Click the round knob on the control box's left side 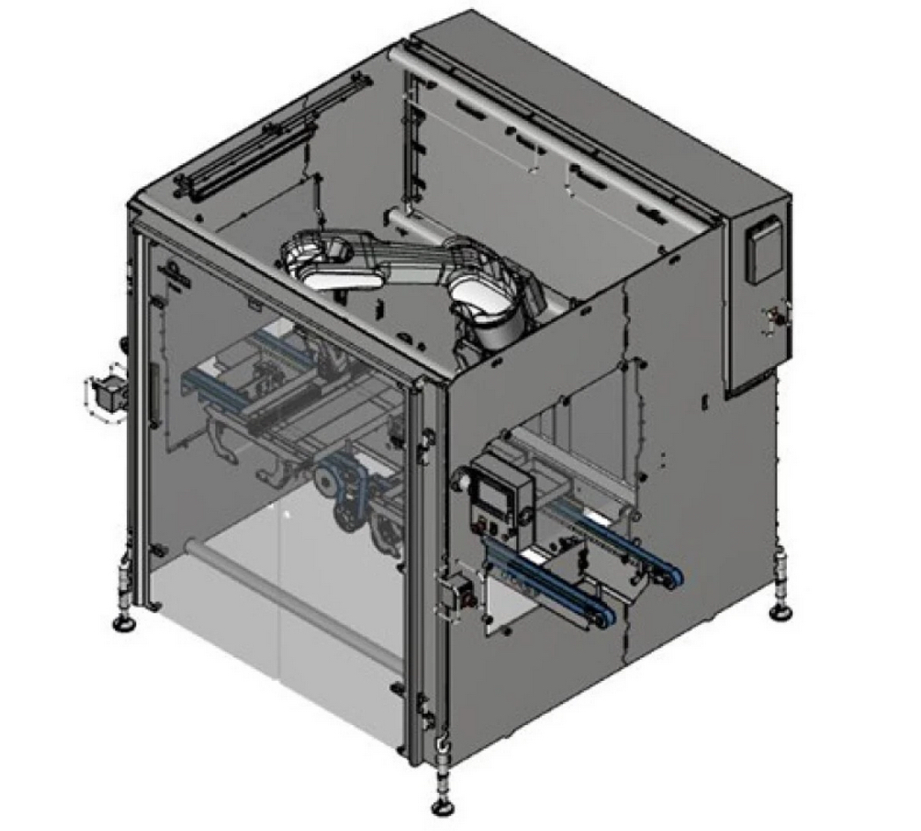pyautogui.click(x=460, y=482)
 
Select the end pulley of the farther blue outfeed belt pyautogui.click(x=672, y=578)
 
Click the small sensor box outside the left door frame pyautogui.click(x=108, y=393)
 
